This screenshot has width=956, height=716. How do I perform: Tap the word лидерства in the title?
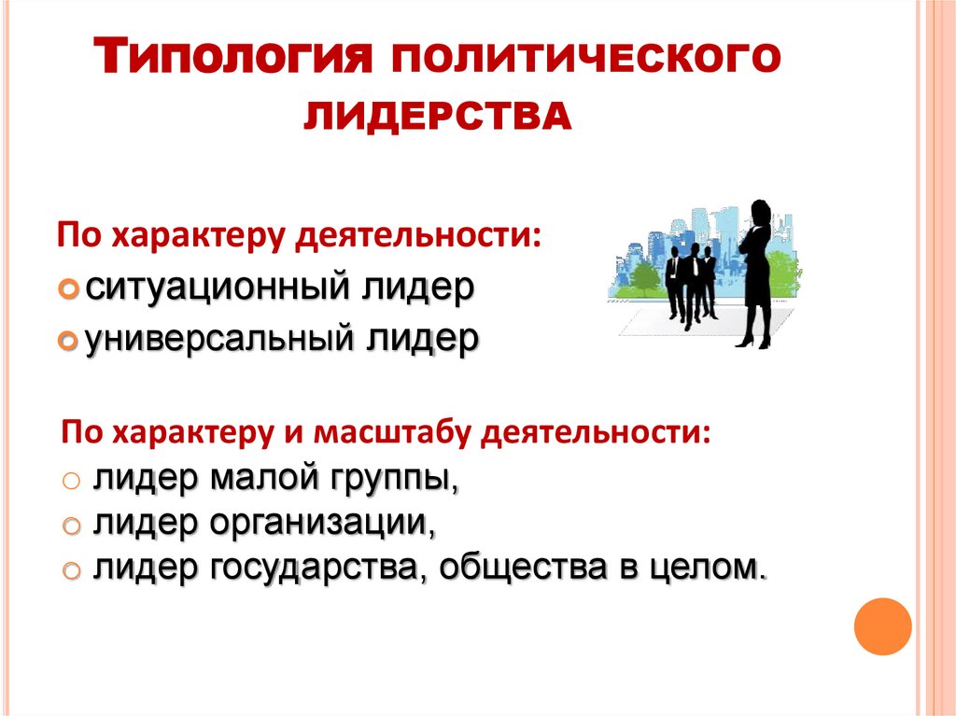[439, 117]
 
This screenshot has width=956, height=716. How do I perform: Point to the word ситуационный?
[214, 287]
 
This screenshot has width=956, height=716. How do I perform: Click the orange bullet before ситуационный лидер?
[68, 288]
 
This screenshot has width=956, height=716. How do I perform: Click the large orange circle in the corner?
[882, 625]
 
